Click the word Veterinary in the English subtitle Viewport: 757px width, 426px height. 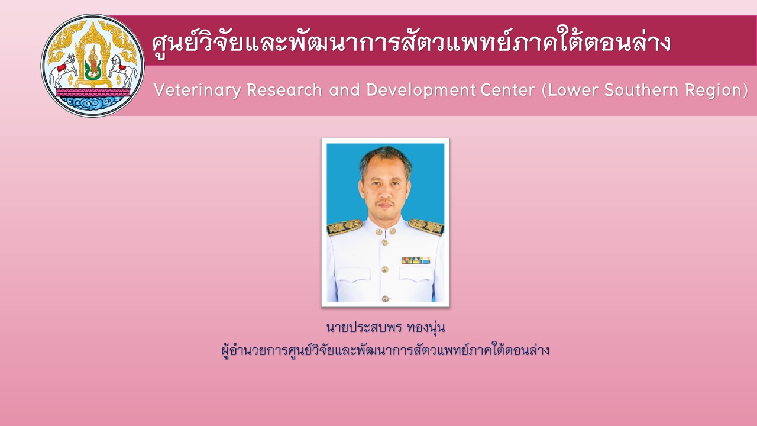(198, 91)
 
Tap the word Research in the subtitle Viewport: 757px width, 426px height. (284, 90)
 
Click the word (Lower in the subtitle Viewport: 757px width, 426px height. (570, 91)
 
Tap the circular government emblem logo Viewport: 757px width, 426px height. (93, 66)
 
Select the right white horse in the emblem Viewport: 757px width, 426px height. (122, 70)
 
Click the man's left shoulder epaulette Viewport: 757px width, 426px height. (426, 227)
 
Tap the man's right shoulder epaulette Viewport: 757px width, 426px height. (345, 227)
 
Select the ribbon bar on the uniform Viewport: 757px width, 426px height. (416, 260)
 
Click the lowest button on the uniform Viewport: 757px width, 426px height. (385, 299)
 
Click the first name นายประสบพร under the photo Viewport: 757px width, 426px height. (364, 328)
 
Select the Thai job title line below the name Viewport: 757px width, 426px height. (385, 350)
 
